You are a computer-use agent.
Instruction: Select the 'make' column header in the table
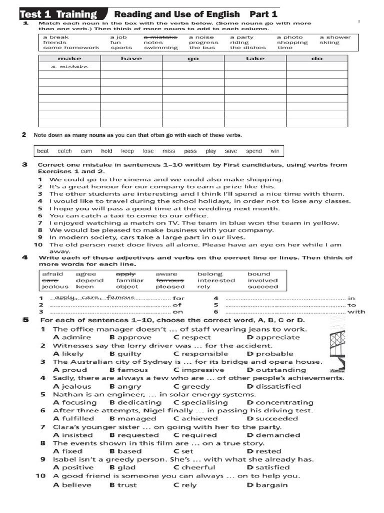[x=69, y=59]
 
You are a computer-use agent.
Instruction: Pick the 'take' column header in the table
[x=254, y=59]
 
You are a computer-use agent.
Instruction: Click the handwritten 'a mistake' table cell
[x=69, y=67]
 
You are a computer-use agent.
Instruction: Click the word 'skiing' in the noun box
[x=329, y=43]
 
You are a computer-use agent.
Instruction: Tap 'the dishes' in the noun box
[x=246, y=48]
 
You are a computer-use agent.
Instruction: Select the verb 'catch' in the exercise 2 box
[x=64, y=151]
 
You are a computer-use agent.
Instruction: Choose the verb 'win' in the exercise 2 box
[x=275, y=151]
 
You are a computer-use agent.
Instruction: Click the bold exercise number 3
[x=24, y=164]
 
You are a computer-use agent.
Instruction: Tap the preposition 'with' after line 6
[x=356, y=312]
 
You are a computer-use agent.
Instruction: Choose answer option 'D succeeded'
[x=272, y=418]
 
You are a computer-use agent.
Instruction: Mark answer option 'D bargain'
[x=267, y=484]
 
